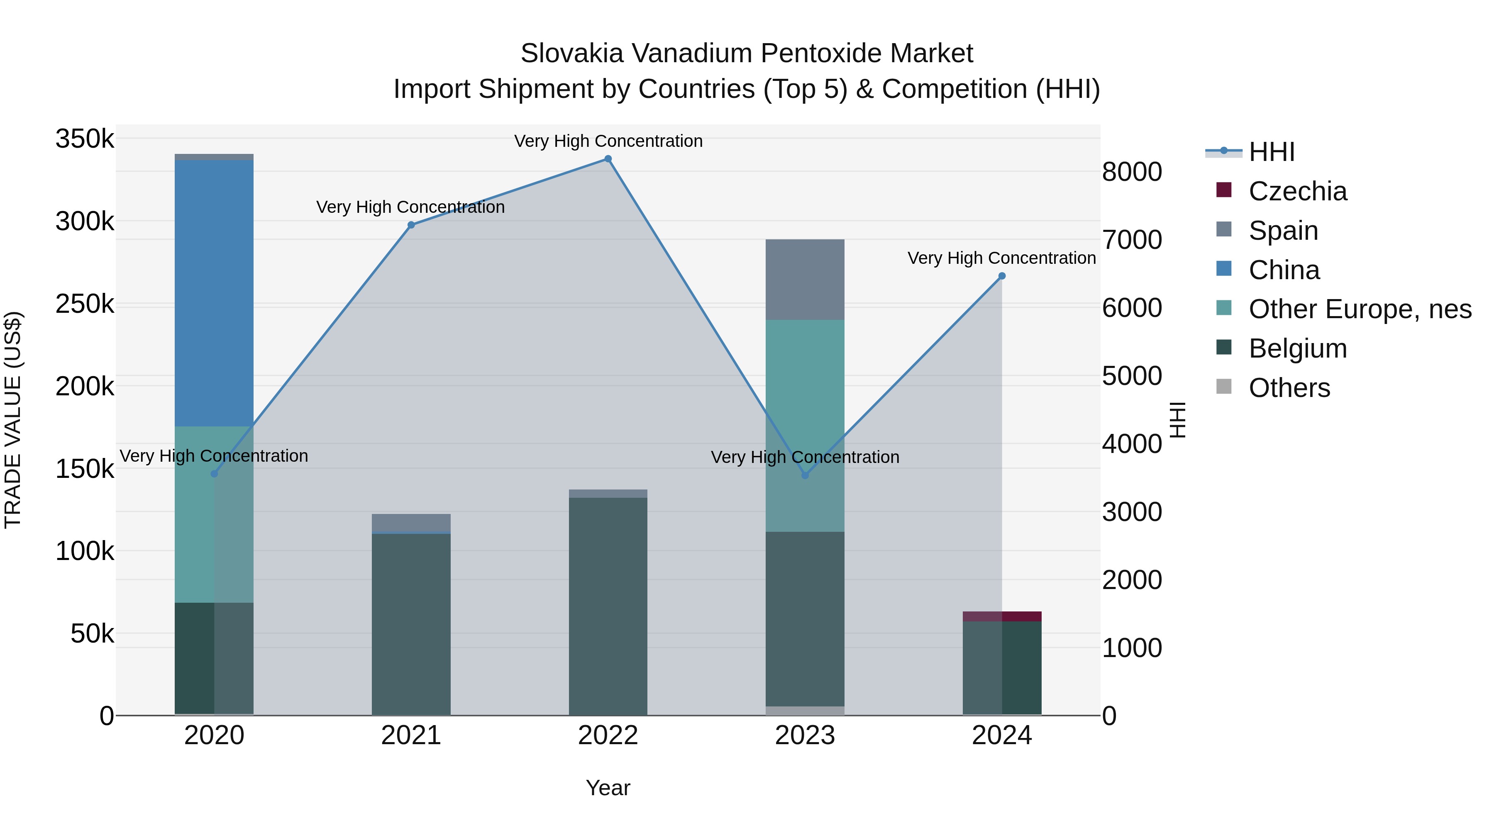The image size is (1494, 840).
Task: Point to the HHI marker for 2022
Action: pos(608,159)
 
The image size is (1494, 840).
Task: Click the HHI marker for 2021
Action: pos(411,225)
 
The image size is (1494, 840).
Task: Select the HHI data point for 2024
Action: pos(1002,276)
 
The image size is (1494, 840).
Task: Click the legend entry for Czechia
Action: pos(1297,191)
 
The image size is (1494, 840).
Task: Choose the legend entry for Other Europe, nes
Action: pos(1359,309)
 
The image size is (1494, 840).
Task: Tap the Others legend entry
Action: pos(1289,388)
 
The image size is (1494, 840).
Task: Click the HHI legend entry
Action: pos(1271,152)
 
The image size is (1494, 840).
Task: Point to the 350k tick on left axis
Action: pos(85,139)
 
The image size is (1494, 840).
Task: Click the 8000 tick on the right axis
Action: pos(1132,172)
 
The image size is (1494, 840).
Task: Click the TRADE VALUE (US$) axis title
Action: pos(13,420)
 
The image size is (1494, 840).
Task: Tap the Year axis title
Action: pos(608,788)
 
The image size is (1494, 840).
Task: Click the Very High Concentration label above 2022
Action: pos(608,141)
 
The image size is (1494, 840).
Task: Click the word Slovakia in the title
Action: pos(571,54)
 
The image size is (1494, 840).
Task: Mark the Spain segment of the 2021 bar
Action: pos(411,522)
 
